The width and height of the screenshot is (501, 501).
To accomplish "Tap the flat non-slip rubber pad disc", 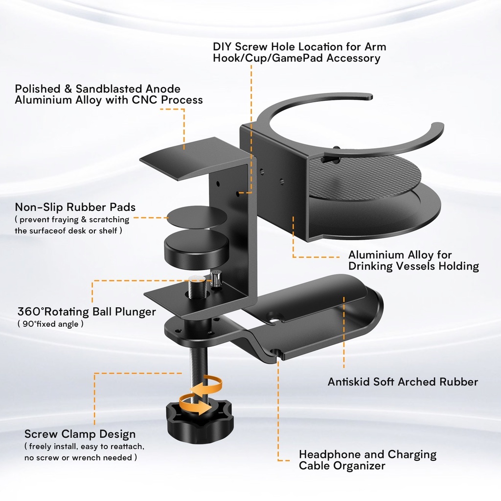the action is point(197,217).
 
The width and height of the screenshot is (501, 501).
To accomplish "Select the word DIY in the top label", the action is point(223,47).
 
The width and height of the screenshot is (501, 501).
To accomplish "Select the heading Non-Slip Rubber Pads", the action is point(75,207).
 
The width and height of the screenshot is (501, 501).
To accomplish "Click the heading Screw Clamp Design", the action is point(80,434).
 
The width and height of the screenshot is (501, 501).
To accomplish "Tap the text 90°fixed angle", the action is point(50,324).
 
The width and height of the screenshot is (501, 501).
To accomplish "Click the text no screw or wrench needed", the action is point(81,457).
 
